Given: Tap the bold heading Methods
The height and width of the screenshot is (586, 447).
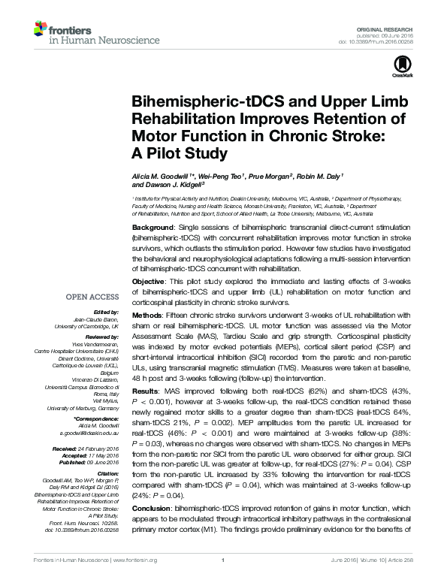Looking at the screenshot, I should coord(149,315).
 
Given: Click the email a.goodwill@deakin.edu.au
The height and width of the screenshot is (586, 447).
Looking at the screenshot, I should coord(82,434).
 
